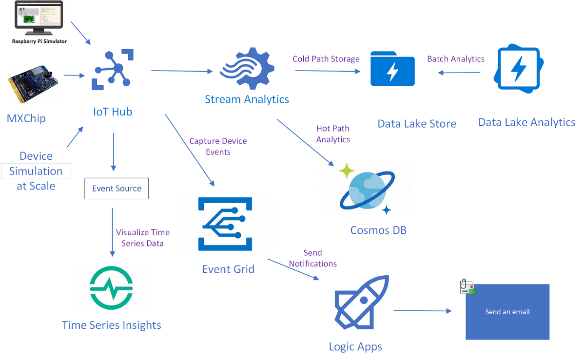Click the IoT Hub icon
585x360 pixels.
coord(113,70)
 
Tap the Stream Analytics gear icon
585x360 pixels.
coord(247,69)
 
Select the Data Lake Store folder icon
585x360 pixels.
coord(392,69)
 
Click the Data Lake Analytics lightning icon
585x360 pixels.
coord(519,69)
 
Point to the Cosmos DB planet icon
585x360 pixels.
coord(367,190)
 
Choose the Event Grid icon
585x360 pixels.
coord(225,224)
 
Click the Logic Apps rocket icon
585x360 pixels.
coord(362,302)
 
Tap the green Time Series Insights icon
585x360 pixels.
coord(111,288)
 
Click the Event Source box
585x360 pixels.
coord(117,189)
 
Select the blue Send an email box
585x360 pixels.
coord(507,312)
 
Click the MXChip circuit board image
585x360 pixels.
coord(33,84)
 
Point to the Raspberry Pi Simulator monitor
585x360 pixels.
coord(39,18)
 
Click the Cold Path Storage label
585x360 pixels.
coord(326,59)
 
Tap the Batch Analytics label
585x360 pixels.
coord(456,59)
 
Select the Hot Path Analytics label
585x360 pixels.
coord(333,134)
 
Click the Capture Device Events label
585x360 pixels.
coord(218,147)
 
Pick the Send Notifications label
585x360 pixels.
coord(313,258)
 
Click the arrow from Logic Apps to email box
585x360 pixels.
coord(423,311)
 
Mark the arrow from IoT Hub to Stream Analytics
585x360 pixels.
coord(182,71)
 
